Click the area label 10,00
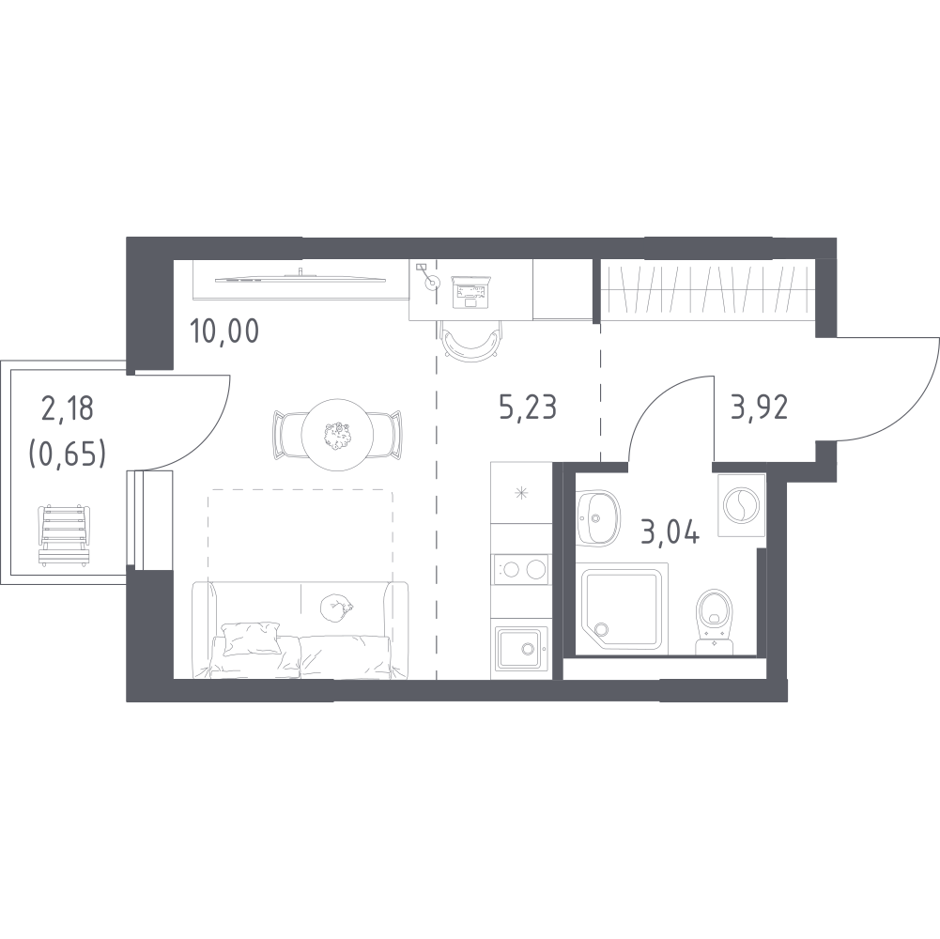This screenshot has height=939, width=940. pyautogui.click(x=223, y=331)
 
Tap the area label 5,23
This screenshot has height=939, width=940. pyautogui.click(x=528, y=407)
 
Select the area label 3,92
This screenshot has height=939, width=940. pyautogui.click(x=759, y=407)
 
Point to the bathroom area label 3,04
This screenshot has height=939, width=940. pyautogui.click(x=670, y=531)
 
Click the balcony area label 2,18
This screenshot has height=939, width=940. pyautogui.click(x=68, y=409)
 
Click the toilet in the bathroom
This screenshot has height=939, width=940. pyautogui.click(x=714, y=621)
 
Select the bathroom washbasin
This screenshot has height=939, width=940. pyautogui.click(x=597, y=517)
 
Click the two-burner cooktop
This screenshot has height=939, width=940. pyautogui.click(x=519, y=568)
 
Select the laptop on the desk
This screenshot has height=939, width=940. pyautogui.click(x=471, y=291)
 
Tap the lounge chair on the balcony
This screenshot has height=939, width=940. pyautogui.click(x=64, y=535)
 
